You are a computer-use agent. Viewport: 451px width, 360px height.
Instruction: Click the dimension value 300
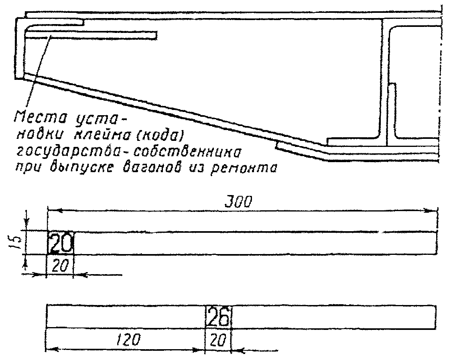pyautogui.click(x=238, y=202)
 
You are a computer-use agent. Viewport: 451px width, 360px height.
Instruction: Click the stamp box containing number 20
pyautogui.click(x=61, y=243)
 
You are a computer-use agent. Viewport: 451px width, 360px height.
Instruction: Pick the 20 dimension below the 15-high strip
pyautogui.click(x=60, y=265)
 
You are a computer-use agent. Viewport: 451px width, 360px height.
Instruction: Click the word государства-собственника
pyautogui.click(x=128, y=152)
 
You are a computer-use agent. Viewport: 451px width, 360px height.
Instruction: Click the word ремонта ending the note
pyautogui.click(x=248, y=169)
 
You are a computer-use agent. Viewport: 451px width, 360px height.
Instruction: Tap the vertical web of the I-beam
pyautogui.click(x=384, y=80)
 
